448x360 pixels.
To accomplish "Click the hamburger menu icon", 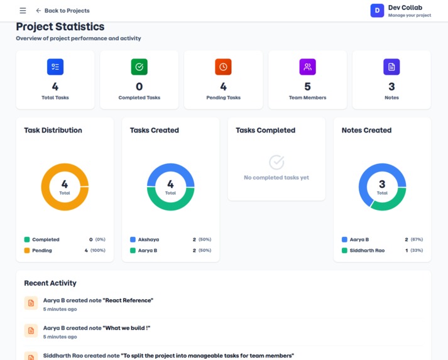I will pos(23,11).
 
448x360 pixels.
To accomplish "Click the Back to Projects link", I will pos(63,11).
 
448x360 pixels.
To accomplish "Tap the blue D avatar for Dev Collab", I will pos(377,10).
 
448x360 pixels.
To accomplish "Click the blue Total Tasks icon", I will pos(55,67).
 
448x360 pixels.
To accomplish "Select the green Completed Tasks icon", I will pos(139,67).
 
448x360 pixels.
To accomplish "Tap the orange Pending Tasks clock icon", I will pos(223,67).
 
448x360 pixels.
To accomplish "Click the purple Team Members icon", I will pos(307,67).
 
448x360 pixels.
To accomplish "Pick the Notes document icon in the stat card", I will pos(391,67).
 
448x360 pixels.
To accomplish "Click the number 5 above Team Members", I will pos(307,87).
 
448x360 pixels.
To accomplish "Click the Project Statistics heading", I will pos(60,27).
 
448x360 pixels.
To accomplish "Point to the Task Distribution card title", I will pos(53,130).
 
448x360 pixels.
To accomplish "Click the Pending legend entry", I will pos(42,251).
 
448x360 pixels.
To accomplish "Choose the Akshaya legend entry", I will pos(148,239).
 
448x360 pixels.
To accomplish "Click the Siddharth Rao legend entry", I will pos(367,251).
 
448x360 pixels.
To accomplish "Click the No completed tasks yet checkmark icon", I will pos(276,163).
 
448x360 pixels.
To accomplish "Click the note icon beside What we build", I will pos(31,330).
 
